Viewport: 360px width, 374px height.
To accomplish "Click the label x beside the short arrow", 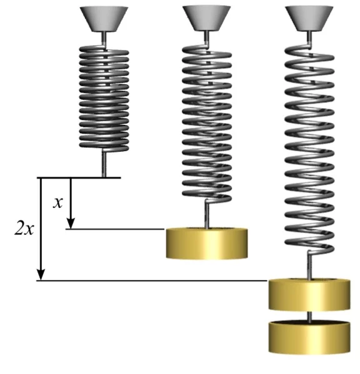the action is [57, 203].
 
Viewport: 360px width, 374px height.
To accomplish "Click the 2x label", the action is [24, 228].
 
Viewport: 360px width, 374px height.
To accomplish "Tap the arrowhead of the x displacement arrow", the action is [71, 224].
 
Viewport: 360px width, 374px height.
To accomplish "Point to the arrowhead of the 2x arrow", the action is [41, 275].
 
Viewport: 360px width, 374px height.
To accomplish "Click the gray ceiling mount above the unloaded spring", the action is [104, 19].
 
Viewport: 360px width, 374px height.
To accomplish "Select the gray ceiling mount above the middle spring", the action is [206, 18].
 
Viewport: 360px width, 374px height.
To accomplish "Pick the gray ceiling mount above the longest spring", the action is [309, 18].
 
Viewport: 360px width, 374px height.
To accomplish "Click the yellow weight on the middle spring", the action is [207, 244].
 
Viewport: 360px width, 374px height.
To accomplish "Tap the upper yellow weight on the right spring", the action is [309, 294].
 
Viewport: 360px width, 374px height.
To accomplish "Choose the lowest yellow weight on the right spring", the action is [309, 337].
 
